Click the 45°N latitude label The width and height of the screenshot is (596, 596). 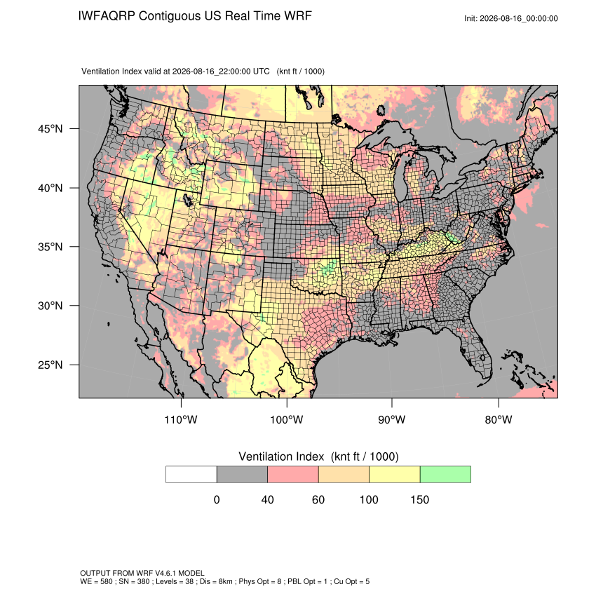50,129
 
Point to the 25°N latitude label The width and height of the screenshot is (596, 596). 50,365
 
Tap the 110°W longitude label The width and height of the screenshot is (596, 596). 181,419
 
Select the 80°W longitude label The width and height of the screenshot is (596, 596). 499,419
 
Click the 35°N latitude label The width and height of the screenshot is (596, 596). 50,247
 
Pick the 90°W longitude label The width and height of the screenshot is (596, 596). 391,419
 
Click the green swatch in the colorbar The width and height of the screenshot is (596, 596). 445,475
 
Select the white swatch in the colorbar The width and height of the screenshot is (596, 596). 191,475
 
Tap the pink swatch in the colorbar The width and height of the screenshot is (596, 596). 293,475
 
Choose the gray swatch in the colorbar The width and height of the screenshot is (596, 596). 242,475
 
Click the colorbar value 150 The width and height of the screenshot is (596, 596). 419,499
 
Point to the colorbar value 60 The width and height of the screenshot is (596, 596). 318,499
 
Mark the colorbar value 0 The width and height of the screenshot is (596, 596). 217,499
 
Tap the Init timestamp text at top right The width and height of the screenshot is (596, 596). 511,18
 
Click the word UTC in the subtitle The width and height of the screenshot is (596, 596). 262,72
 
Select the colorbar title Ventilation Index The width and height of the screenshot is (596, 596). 281,456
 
